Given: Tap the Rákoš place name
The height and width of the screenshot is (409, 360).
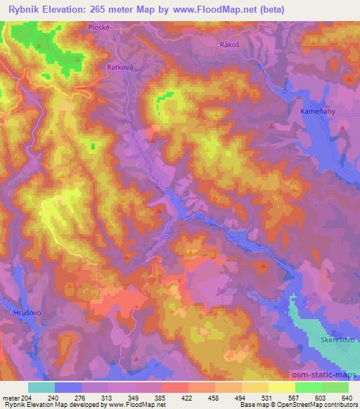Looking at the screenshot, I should [x=231, y=43].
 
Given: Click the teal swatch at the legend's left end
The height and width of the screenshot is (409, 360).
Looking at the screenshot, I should [x=41, y=387].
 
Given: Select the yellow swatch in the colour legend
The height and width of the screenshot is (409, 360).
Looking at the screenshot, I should [x=282, y=387].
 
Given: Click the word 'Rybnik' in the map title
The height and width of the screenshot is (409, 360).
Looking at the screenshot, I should [x=21, y=9].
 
